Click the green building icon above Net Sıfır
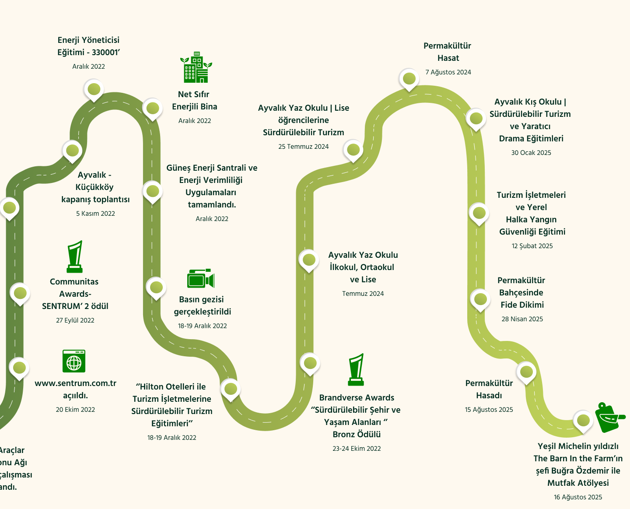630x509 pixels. (196, 67)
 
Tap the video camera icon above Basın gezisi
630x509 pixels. (200, 279)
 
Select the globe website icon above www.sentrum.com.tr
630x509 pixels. (74, 362)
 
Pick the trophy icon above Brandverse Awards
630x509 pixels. (356, 370)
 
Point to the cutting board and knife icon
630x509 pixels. (609, 418)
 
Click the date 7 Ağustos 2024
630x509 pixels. (448, 72)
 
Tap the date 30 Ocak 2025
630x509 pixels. (531, 153)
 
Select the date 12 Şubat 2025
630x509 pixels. (532, 246)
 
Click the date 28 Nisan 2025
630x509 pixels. (522, 319)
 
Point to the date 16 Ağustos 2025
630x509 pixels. (577, 497)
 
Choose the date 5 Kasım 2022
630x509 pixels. (95, 214)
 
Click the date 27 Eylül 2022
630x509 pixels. (75, 320)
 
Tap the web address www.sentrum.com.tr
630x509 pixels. (75, 383)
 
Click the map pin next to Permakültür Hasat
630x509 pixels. (409, 79)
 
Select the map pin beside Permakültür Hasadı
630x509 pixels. (526, 372)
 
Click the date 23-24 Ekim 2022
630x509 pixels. (357, 449)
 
